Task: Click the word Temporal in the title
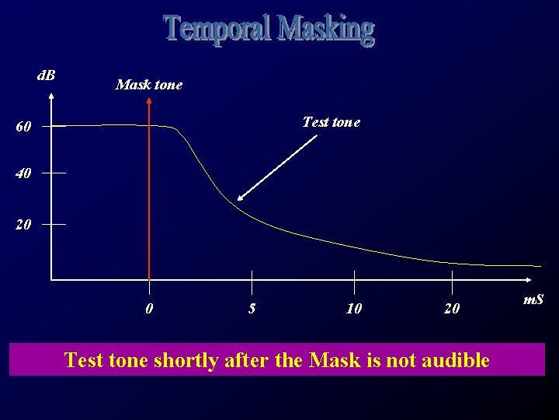tap(218, 30)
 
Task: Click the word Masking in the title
tap(326, 30)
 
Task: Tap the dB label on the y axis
tap(47, 75)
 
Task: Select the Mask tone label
tap(148, 85)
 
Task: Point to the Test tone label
tap(331, 122)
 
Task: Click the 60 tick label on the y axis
tap(23, 127)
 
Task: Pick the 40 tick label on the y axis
tap(23, 174)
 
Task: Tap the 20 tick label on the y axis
tap(23, 226)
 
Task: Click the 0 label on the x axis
tap(149, 309)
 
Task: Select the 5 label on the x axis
tap(252, 309)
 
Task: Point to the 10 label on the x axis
tap(354, 309)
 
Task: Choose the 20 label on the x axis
tap(452, 309)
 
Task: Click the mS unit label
tap(533, 299)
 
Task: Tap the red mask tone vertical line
tap(149, 194)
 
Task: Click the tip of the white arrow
tap(238, 200)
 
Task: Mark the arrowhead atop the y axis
tap(51, 96)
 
